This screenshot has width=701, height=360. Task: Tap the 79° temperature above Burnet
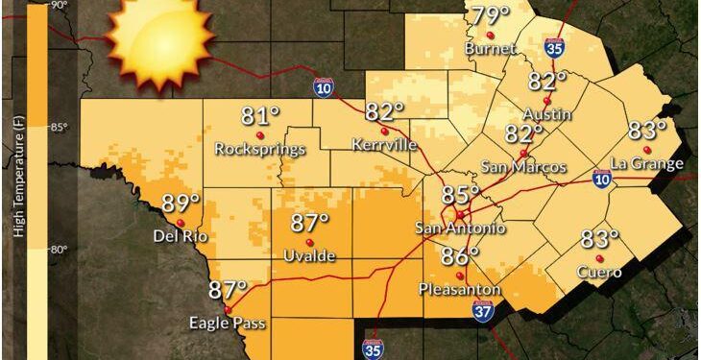point(490,16)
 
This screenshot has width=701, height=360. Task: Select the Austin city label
point(547,114)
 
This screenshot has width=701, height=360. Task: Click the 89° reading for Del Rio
point(181,204)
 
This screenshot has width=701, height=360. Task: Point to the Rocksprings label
point(260,149)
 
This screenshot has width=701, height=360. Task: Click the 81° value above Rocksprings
point(260,117)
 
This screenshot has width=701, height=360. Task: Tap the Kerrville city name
point(384,145)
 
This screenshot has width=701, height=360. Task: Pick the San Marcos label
point(524,167)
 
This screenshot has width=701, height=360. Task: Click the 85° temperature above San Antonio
point(461,195)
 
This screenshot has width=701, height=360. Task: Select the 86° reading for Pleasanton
point(460,256)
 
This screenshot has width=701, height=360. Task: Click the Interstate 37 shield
point(485,309)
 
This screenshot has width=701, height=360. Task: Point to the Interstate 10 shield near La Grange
point(601,180)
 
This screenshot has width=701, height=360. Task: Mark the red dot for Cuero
point(600,258)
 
